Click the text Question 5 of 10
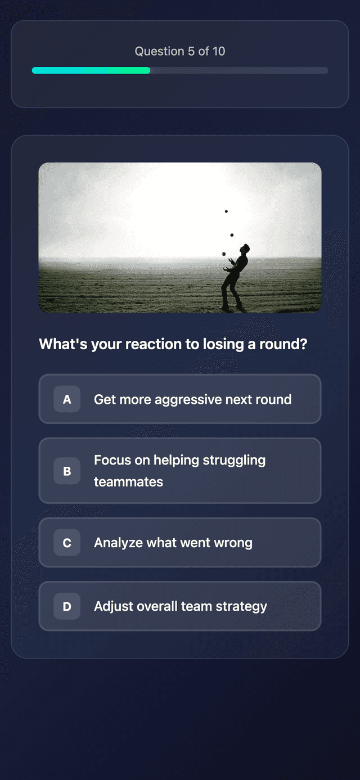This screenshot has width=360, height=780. pos(179,51)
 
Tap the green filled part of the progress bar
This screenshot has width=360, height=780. pos(91,70)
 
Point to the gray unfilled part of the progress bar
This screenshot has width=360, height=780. pos(238,70)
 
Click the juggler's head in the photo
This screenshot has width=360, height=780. pos(245,249)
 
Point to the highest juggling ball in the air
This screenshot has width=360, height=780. pos(226,211)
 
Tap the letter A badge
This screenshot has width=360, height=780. pos(67,399)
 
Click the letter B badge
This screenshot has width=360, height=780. pos(67,471)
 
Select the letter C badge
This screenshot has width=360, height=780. pos(67,543)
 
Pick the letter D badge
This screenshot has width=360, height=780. pos(67,606)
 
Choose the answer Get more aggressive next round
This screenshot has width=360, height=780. pos(192,399)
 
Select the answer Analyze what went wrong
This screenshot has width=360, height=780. pos(173,543)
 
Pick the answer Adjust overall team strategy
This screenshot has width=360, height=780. pos(181,606)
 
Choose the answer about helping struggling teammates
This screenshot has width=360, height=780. pos(179,471)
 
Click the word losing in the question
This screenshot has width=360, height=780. pos(223,344)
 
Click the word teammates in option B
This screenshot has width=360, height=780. pos(128,482)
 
